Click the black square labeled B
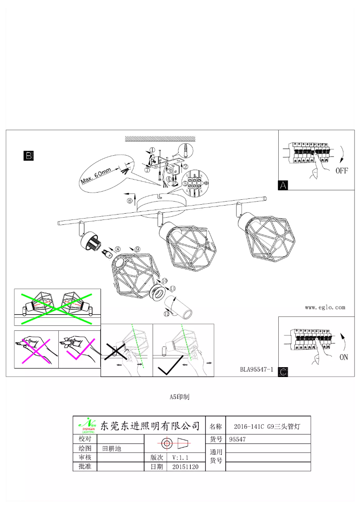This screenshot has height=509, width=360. click(x=28, y=156)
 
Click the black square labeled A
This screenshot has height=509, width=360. click(x=283, y=185)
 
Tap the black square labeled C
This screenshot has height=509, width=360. click(x=283, y=372)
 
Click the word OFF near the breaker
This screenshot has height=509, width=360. click(x=342, y=171)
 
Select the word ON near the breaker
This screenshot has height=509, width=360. click(x=343, y=358)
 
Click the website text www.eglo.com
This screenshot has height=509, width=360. click(x=325, y=307)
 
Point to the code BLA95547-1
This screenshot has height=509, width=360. click(x=257, y=370)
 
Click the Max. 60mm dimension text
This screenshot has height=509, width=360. click(x=96, y=176)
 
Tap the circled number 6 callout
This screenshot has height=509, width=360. click(x=130, y=201)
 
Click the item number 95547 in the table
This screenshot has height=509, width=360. click(x=237, y=439)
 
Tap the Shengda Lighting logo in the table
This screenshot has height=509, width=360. click(x=87, y=424)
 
